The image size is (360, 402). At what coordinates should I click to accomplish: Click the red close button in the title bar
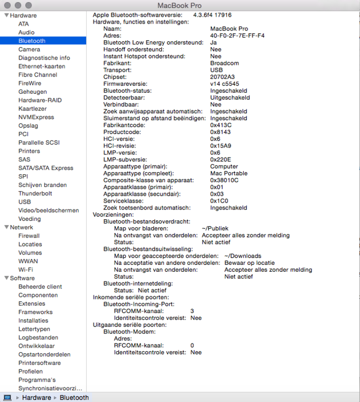click(7, 5)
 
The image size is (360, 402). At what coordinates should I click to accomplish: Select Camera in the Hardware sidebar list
click(29, 49)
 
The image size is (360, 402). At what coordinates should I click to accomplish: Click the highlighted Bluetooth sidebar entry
click(32, 41)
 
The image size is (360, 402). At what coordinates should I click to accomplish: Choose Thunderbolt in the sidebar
click(35, 193)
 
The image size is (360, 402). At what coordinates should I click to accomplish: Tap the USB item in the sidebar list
click(25, 202)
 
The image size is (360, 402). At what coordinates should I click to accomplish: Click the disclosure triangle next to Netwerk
click(6, 227)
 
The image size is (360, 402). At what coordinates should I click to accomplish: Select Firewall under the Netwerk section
click(29, 236)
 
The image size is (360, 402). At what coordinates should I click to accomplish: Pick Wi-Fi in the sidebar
click(26, 270)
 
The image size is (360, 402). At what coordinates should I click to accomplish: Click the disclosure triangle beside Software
click(6, 278)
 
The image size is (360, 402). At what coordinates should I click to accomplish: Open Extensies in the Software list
click(32, 303)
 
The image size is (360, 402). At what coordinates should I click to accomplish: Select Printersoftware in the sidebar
click(40, 363)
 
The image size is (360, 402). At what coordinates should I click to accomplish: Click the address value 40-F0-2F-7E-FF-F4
click(237, 36)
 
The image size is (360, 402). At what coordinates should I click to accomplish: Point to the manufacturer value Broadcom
click(224, 63)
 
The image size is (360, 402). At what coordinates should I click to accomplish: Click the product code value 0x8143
click(221, 132)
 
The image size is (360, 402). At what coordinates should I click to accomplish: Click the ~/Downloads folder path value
click(243, 256)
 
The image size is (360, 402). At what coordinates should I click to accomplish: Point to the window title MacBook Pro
click(179, 5)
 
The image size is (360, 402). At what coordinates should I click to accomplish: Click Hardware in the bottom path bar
click(36, 398)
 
